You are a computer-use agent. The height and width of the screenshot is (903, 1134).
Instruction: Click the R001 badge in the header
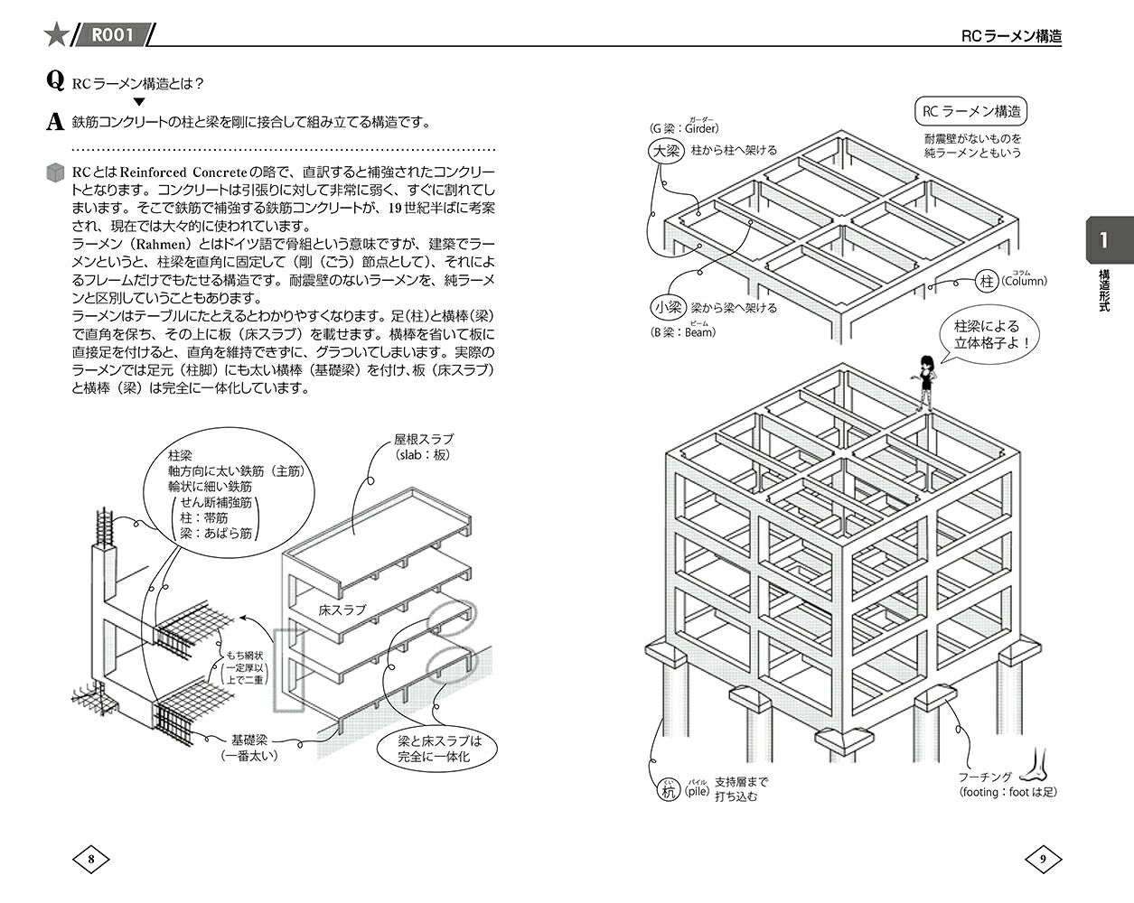pos(112,34)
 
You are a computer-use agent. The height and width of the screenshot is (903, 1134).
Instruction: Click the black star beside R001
pos(56,34)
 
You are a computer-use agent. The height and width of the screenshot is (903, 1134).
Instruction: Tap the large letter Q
pos(55,81)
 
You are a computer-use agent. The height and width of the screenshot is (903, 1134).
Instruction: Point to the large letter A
pos(55,122)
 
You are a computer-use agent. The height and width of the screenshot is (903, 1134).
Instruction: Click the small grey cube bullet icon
pos(55,172)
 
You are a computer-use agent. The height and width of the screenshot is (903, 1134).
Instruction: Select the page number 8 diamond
pos(91,860)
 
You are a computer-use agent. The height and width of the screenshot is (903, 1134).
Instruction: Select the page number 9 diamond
pos(1043,860)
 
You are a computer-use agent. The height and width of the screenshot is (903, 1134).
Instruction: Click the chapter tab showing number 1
pos(1110,240)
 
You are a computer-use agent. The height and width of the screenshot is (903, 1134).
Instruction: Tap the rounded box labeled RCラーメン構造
pos(970,111)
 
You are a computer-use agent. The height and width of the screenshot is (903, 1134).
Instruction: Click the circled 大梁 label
pos(666,151)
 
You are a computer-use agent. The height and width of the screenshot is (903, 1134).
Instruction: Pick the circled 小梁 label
pos(668,308)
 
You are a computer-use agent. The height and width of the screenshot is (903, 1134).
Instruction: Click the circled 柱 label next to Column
pos(987,281)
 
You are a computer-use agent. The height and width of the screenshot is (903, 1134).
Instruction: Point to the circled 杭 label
pos(668,790)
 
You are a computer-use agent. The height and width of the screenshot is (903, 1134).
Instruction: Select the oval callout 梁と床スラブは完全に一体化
pos(437,749)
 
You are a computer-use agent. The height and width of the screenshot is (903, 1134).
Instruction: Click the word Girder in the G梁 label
pos(701,128)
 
